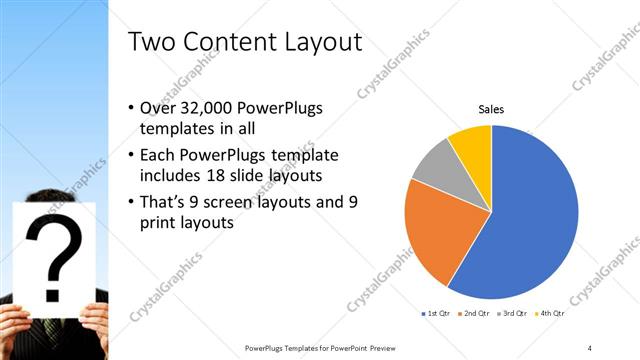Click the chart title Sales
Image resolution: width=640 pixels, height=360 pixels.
point(491,109)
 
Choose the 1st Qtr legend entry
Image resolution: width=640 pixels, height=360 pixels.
point(436,313)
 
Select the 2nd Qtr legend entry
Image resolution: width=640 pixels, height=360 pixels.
point(474,313)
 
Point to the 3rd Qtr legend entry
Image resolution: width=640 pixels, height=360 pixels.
point(512,313)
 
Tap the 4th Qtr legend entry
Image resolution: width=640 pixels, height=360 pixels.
point(550,313)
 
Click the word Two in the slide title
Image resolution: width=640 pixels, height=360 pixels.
point(155,41)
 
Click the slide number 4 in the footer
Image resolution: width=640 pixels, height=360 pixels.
point(589,347)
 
